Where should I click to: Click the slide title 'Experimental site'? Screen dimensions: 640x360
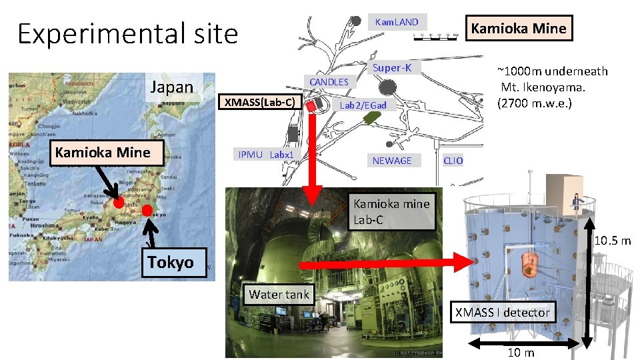(127, 33)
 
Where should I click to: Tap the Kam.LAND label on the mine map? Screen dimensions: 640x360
(397, 22)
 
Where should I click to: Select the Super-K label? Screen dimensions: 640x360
(392, 68)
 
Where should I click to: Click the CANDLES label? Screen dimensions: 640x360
(329, 81)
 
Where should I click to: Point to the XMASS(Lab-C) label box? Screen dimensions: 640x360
(263, 102)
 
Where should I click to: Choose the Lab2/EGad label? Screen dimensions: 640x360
(363, 105)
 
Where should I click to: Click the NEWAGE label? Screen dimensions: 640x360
(392, 161)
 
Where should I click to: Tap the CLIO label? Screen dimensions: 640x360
(453, 161)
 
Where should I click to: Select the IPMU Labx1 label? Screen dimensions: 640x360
(266, 155)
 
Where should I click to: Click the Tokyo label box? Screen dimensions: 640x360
(171, 262)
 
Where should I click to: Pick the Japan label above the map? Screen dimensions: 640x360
(172, 87)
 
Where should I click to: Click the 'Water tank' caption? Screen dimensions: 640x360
(279, 294)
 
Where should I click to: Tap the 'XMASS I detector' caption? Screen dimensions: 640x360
(502, 312)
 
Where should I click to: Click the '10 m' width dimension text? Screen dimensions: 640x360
(520, 353)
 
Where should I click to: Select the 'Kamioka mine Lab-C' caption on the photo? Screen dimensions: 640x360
(392, 211)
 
